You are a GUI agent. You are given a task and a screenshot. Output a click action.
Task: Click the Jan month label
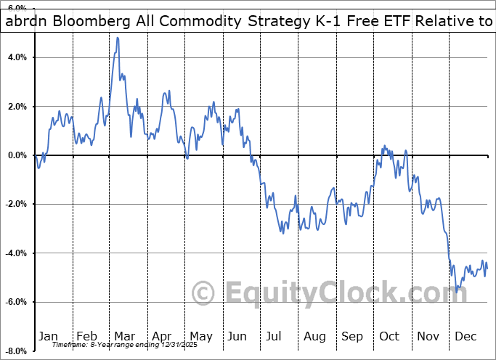click(x=48, y=336)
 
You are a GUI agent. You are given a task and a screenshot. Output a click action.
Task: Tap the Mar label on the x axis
click(x=124, y=336)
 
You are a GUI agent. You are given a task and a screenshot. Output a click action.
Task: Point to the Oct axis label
click(x=389, y=336)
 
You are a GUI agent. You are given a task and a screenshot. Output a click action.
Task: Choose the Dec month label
click(x=465, y=336)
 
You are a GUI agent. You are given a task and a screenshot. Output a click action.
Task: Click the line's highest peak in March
click(x=117, y=38)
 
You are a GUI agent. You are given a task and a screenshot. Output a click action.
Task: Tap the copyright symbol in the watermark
click(x=203, y=293)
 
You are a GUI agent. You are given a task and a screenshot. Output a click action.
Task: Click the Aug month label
click(x=314, y=336)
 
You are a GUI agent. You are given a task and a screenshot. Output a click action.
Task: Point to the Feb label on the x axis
click(x=86, y=336)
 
